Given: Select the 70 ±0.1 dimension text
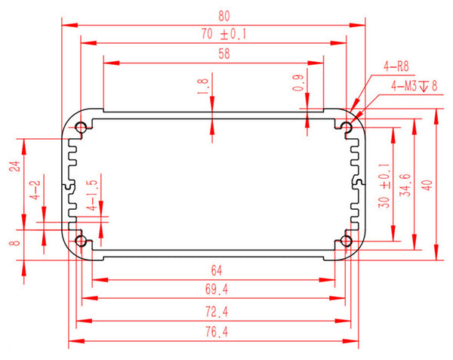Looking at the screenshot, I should [x=225, y=34].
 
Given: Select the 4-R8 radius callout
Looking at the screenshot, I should [x=396, y=66].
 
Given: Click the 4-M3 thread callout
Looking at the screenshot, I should [x=414, y=86].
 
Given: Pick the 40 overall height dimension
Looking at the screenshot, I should [x=428, y=183].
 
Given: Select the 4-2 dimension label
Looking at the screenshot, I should [x=35, y=190].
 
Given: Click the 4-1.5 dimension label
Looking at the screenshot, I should [x=91, y=195].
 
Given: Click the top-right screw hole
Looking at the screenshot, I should [x=347, y=126].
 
